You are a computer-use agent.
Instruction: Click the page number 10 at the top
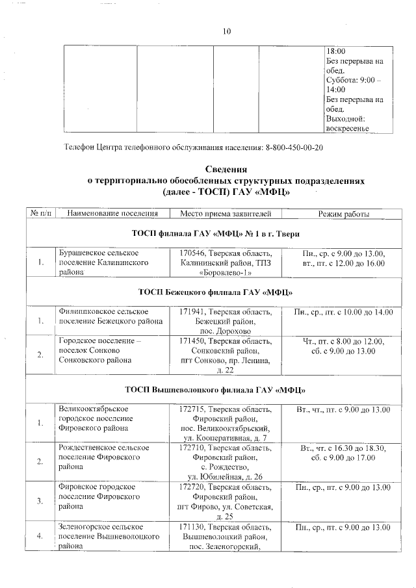(226, 31)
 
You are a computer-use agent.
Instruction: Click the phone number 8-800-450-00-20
(294, 147)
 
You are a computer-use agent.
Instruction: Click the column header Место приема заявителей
(221, 214)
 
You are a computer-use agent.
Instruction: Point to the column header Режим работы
(343, 214)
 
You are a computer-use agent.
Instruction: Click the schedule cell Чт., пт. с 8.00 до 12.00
(343, 342)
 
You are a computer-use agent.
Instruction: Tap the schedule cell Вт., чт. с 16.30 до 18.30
(343, 448)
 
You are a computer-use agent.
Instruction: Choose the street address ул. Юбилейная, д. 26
(222, 477)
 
